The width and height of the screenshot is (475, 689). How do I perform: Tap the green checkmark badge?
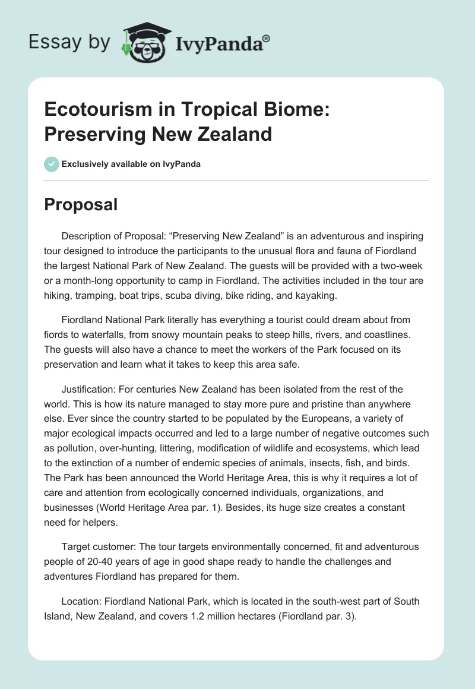pos(52,164)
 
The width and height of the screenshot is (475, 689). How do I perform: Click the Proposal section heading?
pos(81,204)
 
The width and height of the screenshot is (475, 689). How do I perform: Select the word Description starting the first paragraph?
pos(88,236)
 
